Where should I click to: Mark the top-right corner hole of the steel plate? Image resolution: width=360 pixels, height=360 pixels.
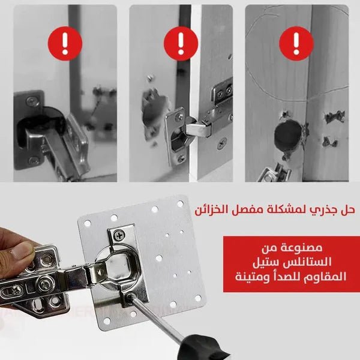pos(179,203)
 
